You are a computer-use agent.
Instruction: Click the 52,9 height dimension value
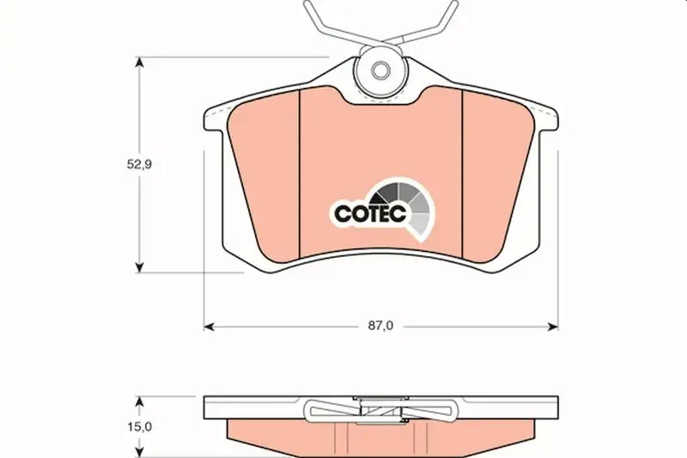139,165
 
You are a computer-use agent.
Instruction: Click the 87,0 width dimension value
380,326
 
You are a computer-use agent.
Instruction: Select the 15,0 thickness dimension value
139,426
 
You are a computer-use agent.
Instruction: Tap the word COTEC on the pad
370,214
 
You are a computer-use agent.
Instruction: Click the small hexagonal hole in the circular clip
380,70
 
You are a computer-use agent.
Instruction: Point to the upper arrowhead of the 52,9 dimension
139,62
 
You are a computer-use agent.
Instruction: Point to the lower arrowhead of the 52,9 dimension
139,267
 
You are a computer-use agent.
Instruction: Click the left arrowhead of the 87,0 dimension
210,327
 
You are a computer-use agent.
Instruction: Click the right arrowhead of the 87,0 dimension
553,327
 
